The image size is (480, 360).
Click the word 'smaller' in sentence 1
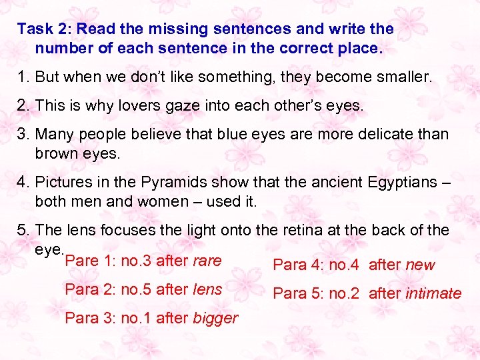[x=402, y=77]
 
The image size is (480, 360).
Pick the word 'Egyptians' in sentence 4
[x=389, y=181]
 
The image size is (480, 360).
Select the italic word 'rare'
[x=207, y=261]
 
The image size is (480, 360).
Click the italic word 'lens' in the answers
[x=207, y=289]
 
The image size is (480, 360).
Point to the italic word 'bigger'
[x=215, y=318]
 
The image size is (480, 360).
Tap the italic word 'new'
[x=420, y=265]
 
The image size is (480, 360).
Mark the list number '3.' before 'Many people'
[x=23, y=133]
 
